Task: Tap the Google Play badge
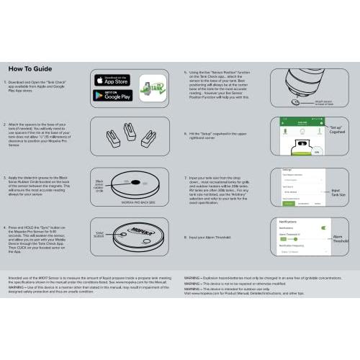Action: (x=113, y=96)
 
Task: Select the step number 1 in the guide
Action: (x=11, y=73)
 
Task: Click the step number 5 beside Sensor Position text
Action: (x=186, y=73)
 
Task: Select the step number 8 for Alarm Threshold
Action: (x=186, y=236)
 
